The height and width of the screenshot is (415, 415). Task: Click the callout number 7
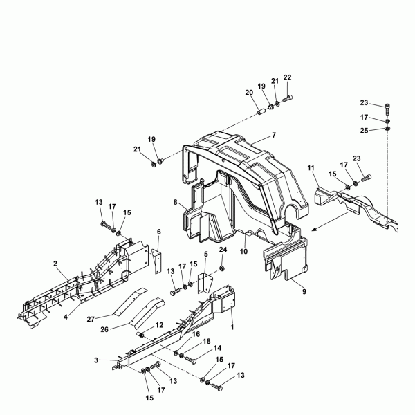point(274,136)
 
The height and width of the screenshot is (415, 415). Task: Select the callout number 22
point(287,77)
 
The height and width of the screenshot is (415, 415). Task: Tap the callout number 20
point(249,93)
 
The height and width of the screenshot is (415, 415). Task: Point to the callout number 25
point(365,131)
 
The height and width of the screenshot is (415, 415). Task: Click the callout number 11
point(311,168)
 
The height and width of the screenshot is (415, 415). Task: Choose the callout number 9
point(304,291)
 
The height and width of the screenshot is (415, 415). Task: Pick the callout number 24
point(223,250)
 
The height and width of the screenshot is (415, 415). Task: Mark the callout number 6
point(159,232)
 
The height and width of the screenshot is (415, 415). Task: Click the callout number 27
point(91,319)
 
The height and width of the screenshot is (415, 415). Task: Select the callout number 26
point(104,329)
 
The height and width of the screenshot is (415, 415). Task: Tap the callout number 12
point(159,325)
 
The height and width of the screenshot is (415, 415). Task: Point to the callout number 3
point(96,360)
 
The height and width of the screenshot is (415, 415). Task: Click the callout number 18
point(207,342)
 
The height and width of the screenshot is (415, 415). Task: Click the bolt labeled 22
point(288,99)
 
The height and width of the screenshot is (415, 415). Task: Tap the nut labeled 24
point(222,269)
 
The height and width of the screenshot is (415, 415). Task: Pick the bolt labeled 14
point(191,360)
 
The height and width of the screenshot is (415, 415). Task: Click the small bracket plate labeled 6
point(157,261)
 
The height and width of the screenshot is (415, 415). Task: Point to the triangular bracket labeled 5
point(204,283)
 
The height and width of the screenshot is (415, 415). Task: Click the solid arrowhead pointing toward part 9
point(315,229)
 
